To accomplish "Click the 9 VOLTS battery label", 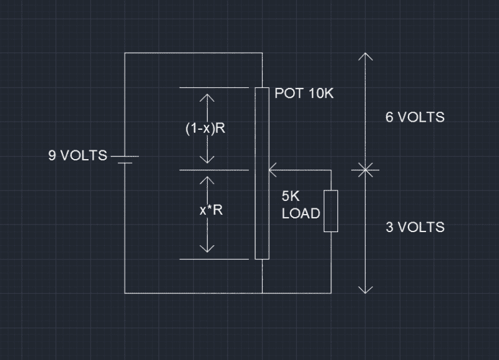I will (77, 155).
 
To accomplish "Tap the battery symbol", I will (125, 159).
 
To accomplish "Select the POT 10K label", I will (304, 94).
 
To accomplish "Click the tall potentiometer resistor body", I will (262, 173).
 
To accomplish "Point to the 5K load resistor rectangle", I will (331, 211).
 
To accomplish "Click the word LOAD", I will (301, 213).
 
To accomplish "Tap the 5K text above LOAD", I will (291, 195).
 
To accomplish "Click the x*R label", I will (211, 210).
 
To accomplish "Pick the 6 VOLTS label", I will (415, 117).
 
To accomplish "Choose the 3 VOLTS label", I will (415, 226).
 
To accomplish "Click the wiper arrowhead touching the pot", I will (272, 169).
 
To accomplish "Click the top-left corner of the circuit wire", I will (125, 53).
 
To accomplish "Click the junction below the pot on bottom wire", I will (262, 293).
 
